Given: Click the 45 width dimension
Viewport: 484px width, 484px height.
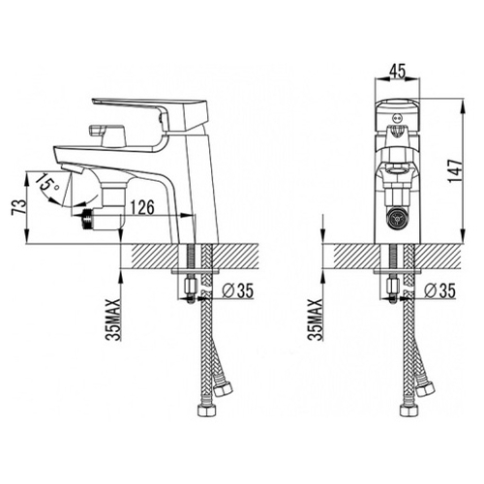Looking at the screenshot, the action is point(397,72).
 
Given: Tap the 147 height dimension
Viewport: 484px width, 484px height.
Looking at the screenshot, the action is point(456,171).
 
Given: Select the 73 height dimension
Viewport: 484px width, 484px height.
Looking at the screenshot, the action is point(18,207).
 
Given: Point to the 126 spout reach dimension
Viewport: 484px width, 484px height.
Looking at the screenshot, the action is point(142,207).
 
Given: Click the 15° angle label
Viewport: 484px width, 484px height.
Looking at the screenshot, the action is point(46,183).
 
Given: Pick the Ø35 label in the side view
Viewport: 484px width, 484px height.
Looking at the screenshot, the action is point(238,290).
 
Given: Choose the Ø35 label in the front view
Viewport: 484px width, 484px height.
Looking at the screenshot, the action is point(439,290).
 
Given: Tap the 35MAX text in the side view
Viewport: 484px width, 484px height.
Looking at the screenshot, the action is point(113,319).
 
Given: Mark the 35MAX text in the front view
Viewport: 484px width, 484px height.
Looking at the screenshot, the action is point(316,319).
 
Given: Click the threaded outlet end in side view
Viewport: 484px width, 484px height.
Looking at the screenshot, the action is point(87,218).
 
